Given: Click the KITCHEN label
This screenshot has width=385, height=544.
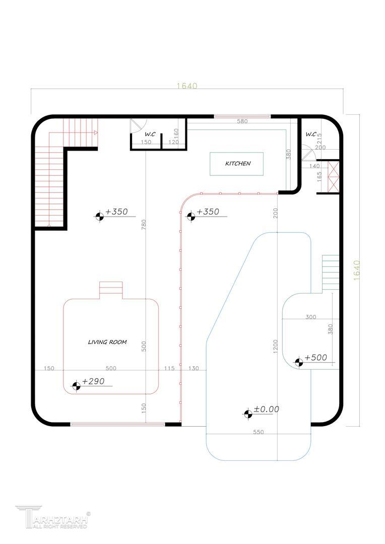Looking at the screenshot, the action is click(x=238, y=163).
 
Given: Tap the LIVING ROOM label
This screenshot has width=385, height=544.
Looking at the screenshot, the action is click(x=107, y=342).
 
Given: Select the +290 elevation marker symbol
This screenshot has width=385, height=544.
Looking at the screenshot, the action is click(x=77, y=385).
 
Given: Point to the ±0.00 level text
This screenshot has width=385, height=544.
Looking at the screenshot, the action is click(x=266, y=410).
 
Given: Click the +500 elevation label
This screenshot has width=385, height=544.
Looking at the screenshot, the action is click(x=316, y=357).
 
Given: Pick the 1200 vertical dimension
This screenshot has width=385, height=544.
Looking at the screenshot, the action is click(x=275, y=347).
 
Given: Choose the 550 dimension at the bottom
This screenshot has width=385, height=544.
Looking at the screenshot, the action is click(x=259, y=432).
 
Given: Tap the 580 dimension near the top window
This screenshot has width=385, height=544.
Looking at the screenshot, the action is click(x=242, y=121).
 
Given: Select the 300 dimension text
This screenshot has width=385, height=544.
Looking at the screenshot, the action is click(x=311, y=317).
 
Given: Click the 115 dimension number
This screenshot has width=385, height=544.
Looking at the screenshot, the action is click(x=169, y=368).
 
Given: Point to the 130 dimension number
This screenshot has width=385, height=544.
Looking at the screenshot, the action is click(x=194, y=368).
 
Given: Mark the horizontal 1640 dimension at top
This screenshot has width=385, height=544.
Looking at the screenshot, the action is click(x=187, y=85).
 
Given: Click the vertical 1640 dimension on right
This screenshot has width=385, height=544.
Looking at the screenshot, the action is click(x=357, y=270).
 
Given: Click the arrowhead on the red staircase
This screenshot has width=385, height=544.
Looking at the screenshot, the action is click(x=96, y=132).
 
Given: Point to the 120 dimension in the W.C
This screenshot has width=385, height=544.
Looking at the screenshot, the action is click(x=173, y=142).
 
